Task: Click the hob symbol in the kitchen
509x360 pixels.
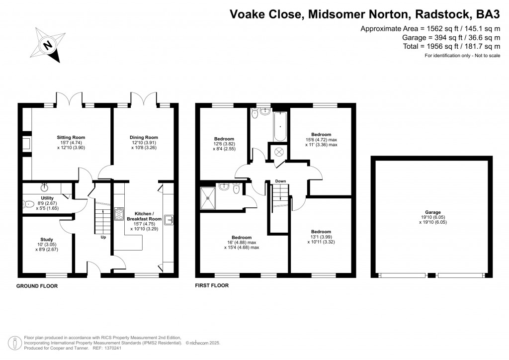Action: click(x=119, y=214)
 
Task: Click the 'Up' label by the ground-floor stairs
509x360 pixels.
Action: click(x=103, y=237)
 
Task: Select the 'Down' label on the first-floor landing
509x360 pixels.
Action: click(x=280, y=181)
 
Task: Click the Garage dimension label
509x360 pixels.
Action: click(x=432, y=217)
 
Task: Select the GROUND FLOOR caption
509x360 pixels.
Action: click(x=37, y=286)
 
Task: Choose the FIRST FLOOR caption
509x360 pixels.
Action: click(x=212, y=286)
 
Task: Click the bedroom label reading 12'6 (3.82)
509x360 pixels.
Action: click(x=224, y=144)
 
